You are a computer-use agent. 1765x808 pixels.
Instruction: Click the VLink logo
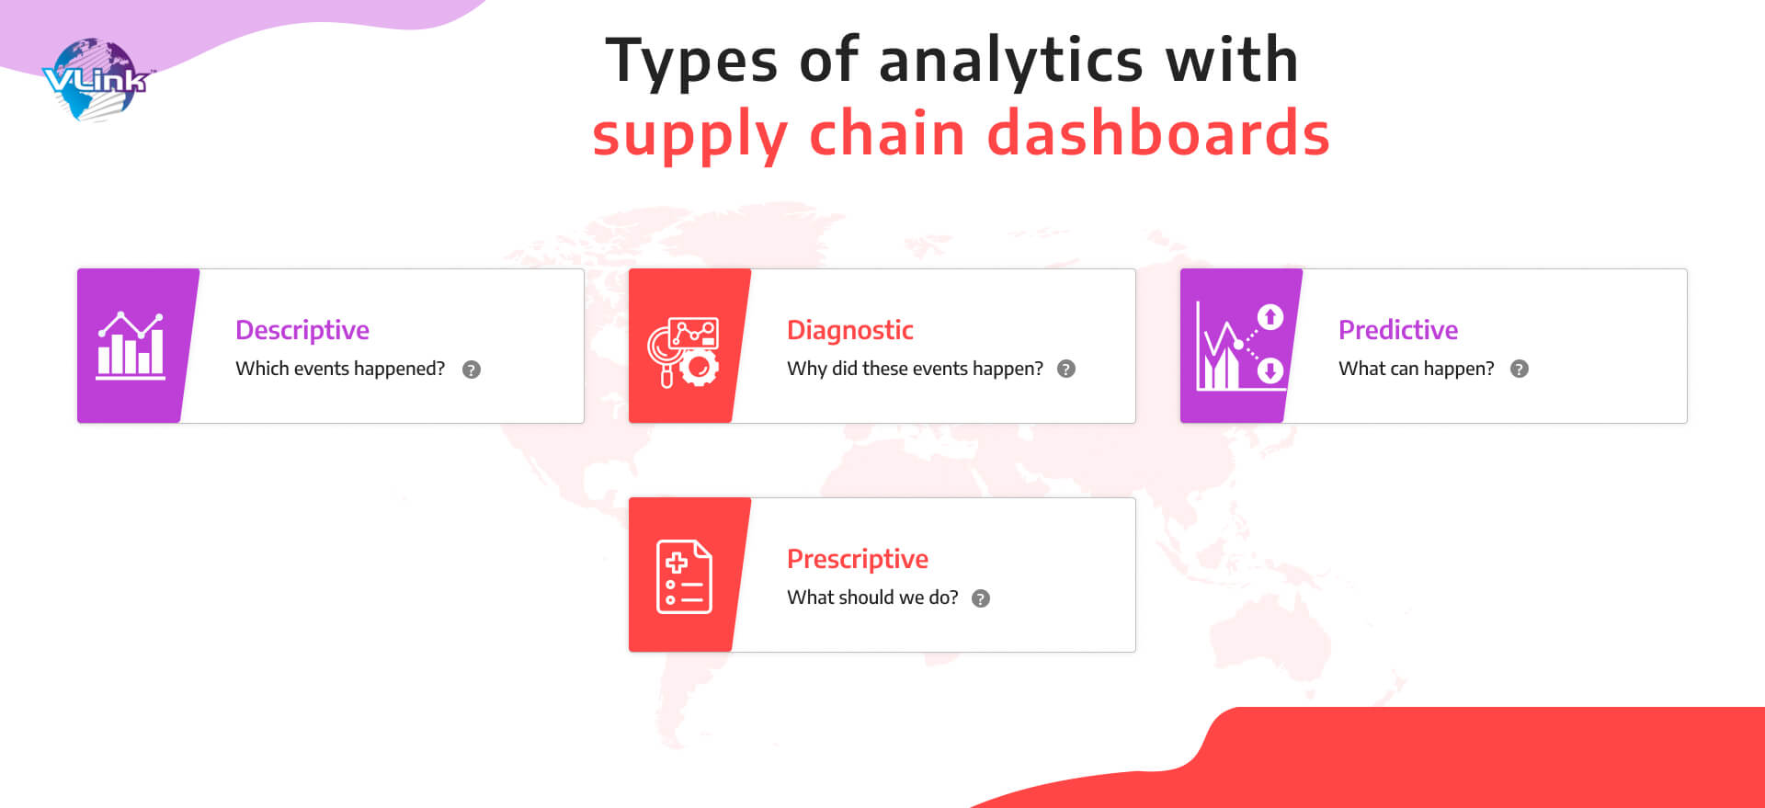[95, 80]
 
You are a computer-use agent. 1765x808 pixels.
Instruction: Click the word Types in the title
[691, 62]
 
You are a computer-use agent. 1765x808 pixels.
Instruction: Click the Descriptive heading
[302, 331]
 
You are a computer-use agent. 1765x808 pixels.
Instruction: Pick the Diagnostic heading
[850, 330]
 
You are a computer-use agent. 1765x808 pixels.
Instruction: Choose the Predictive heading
[1398, 330]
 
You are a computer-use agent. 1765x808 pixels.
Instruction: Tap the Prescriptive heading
[858, 560]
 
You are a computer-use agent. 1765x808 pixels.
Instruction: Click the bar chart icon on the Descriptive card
[131, 346]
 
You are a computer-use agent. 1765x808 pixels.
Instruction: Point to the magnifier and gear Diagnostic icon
[683, 352]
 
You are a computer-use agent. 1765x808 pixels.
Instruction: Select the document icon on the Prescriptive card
[684, 576]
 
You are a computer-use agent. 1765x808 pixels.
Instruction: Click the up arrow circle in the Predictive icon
[1270, 317]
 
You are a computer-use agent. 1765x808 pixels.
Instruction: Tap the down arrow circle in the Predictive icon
[1270, 370]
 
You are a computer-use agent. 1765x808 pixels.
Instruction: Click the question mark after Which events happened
[472, 370]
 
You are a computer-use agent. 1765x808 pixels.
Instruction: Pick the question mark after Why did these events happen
[1066, 369]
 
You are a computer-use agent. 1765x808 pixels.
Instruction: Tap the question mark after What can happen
[1520, 369]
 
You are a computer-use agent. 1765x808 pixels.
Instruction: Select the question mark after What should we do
[981, 598]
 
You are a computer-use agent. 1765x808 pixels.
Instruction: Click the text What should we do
[872, 597]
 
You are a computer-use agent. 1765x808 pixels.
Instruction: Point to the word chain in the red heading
[887, 132]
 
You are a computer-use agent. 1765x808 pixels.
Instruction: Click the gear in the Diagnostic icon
[700, 368]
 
